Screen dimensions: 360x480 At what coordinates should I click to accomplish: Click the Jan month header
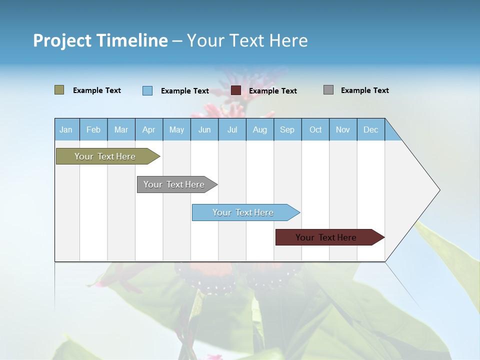point(66,129)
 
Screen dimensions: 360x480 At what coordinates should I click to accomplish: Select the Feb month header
point(93,129)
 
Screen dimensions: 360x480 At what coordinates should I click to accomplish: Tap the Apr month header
point(148,129)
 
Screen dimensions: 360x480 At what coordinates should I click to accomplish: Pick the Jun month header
point(204,129)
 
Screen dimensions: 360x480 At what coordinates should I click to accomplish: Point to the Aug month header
point(259,129)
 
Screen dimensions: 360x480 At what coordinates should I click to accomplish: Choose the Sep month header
point(287,129)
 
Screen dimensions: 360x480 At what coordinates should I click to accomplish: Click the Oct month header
point(315,129)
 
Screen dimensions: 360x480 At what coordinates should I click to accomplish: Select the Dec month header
point(370,129)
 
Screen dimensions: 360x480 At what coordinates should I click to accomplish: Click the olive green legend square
point(59,90)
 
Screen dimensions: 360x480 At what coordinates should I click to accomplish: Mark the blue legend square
point(147,90)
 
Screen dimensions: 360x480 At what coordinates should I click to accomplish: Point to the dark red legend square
point(236,90)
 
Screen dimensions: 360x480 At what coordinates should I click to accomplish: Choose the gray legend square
point(328,90)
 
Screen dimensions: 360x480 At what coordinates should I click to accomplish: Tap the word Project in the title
point(62,40)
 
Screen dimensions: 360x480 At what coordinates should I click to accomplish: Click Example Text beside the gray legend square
point(364,90)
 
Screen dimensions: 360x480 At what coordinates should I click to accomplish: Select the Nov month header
point(343,129)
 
